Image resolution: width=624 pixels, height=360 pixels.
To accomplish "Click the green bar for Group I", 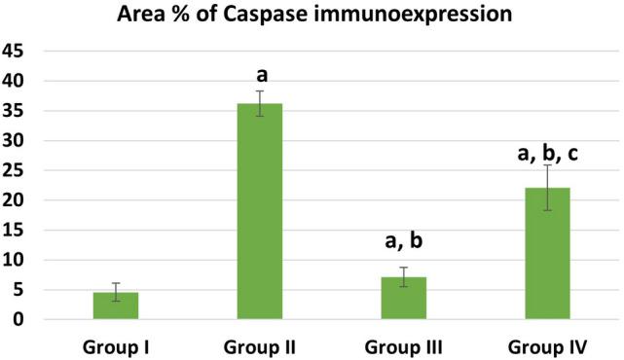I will tap(116, 306).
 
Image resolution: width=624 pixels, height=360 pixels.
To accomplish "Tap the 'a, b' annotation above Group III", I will tap(404, 242).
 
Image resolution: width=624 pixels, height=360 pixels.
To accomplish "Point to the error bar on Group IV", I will tap(548, 187).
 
